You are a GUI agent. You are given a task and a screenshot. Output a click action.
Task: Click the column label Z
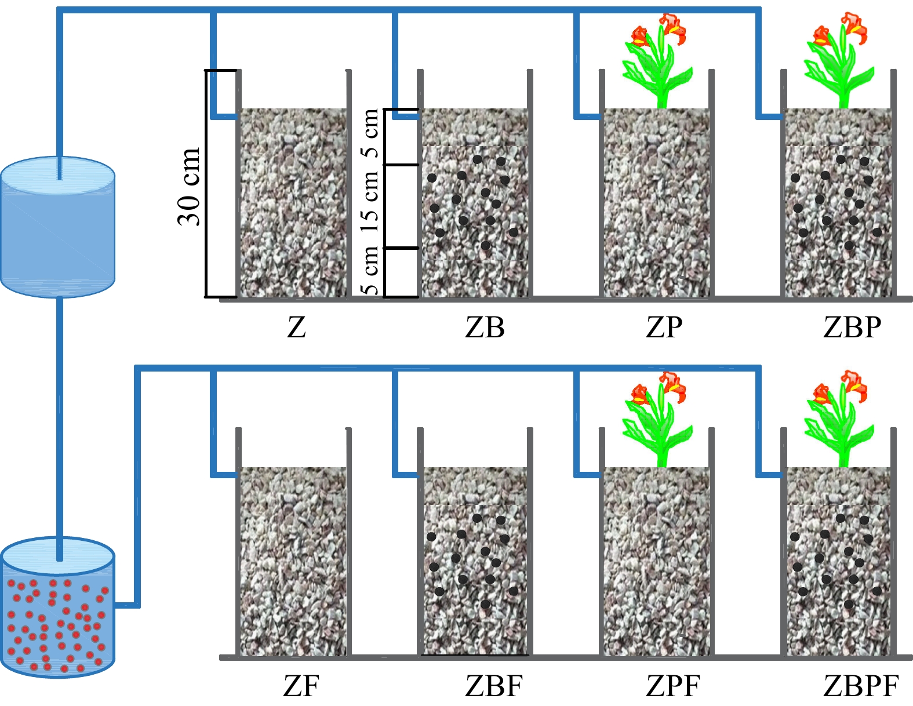(x=296, y=327)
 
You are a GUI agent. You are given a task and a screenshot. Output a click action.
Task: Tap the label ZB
(x=485, y=327)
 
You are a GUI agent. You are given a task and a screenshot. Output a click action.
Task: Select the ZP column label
(x=664, y=327)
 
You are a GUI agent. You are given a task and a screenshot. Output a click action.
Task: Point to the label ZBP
(x=852, y=327)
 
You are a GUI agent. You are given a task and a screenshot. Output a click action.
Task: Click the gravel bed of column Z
(x=293, y=203)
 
